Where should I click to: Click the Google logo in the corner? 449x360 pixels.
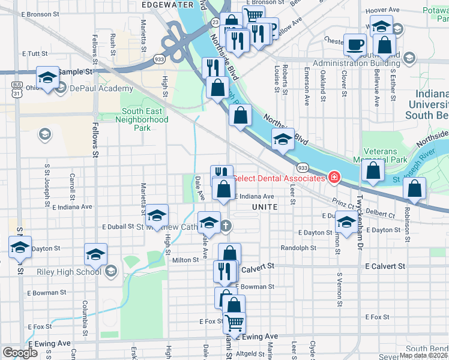(x=20, y=352)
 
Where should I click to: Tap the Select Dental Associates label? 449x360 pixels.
(x=279, y=178)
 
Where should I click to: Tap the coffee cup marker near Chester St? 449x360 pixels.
(x=355, y=44)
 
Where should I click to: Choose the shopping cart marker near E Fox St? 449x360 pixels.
(x=234, y=322)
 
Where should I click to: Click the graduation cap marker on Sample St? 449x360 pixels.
(x=48, y=77)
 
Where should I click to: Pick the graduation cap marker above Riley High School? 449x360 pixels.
(x=95, y=254)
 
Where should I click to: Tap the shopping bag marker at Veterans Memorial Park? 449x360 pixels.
(x=373, y=170)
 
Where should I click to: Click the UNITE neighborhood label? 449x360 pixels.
(x=264, y=206)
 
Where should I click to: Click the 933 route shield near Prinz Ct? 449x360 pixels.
(x=303, y=167)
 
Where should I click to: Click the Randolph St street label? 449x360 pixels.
(x=298, y=248)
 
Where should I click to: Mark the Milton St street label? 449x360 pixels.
(x=185, y=260)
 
